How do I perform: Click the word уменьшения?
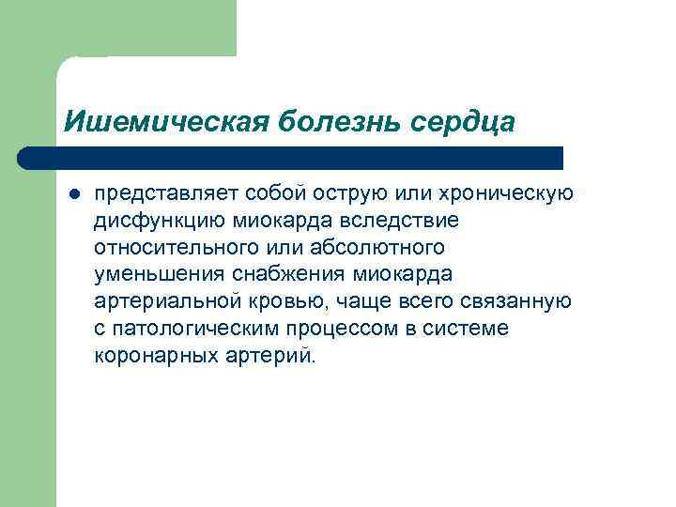click(153, 275)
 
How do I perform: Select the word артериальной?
click(157, 302)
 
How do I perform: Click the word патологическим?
click(199, 330)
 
